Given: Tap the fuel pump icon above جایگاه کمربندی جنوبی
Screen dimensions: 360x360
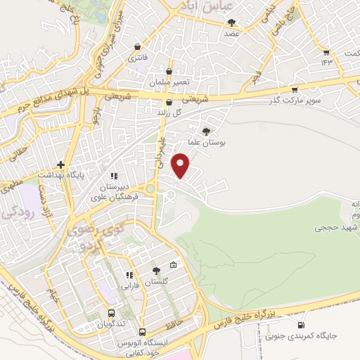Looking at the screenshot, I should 302,326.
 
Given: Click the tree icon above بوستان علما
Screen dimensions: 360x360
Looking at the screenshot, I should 206,131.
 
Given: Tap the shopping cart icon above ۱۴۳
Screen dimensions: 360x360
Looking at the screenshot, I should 326,52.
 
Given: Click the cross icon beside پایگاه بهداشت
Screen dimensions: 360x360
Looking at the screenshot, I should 60,164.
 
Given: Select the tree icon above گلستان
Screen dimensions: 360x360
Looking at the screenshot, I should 156,271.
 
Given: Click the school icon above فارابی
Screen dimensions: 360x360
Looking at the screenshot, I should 129,275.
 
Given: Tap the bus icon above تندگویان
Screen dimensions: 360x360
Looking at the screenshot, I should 111,314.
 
